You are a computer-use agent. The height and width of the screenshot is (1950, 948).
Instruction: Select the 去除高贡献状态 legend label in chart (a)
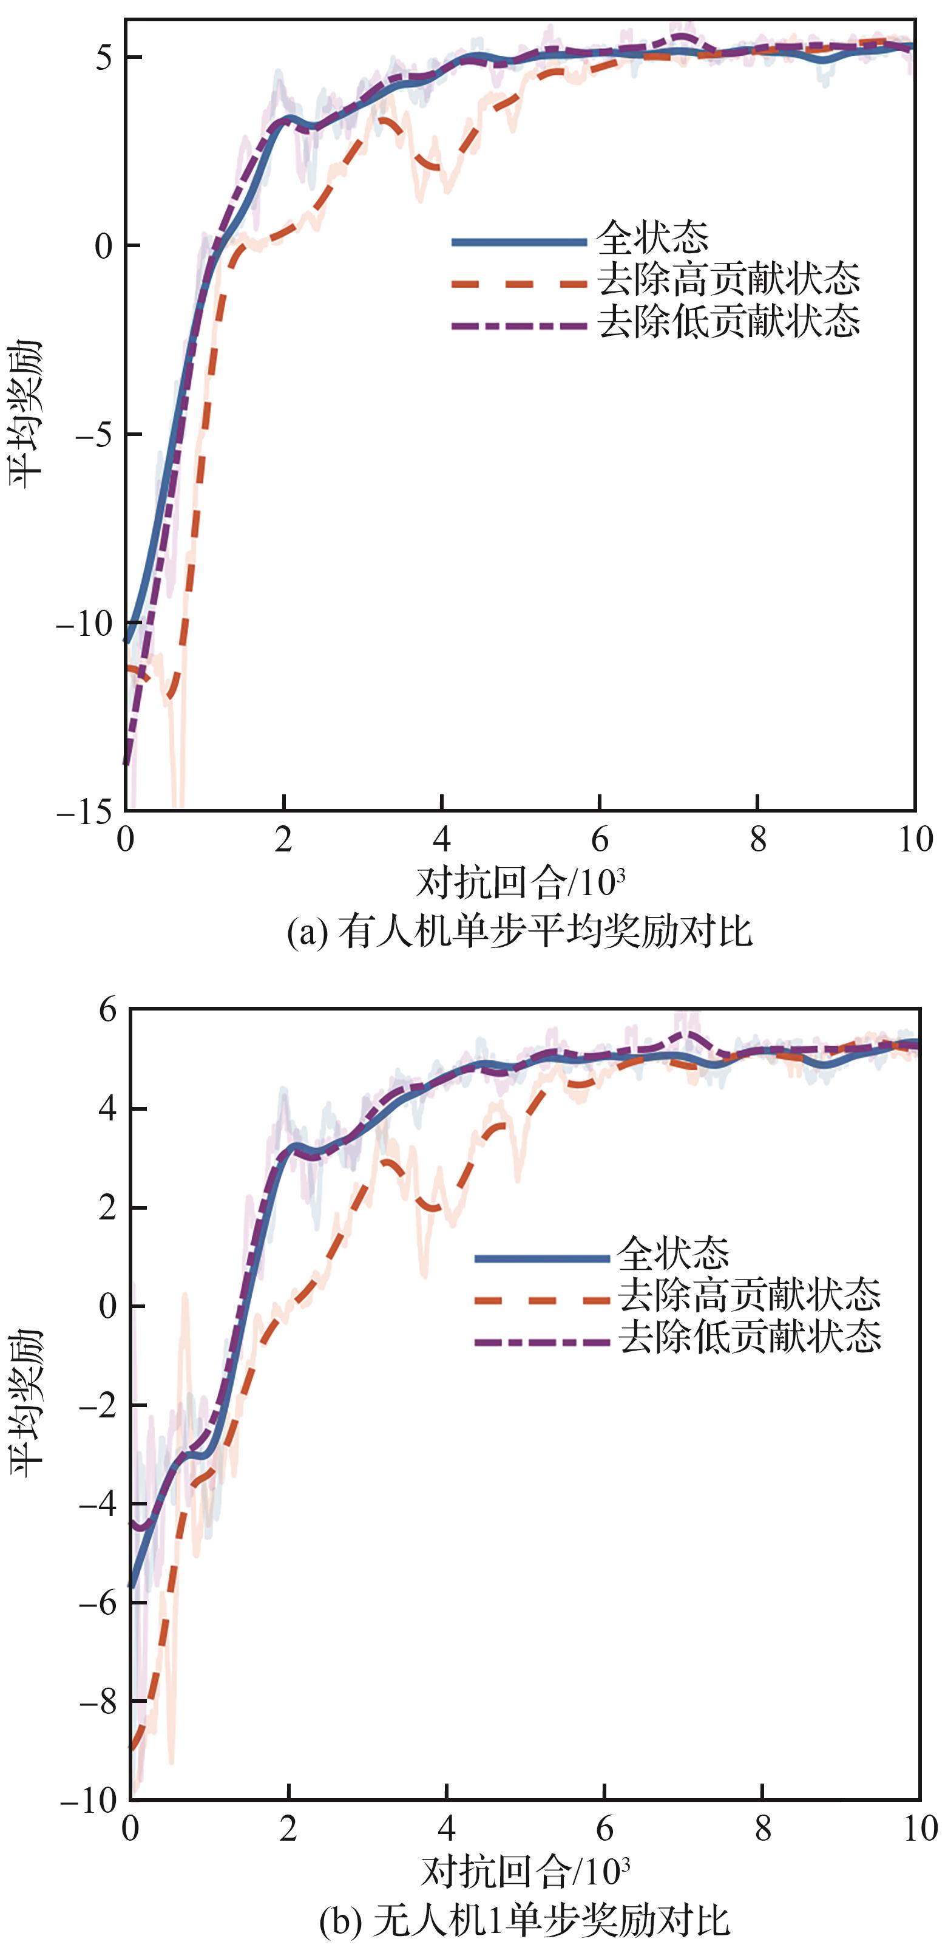(728, 280)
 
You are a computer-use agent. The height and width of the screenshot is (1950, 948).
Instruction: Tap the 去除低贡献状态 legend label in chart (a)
(728, 322)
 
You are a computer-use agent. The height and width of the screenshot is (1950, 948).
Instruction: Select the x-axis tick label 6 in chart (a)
(599, 839)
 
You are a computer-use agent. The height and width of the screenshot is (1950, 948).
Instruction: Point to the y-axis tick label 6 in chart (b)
(107, 1010)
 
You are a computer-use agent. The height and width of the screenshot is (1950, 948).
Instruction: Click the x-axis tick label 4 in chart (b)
(446, 1830)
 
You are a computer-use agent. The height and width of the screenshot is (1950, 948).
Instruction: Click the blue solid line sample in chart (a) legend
(519, 242)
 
